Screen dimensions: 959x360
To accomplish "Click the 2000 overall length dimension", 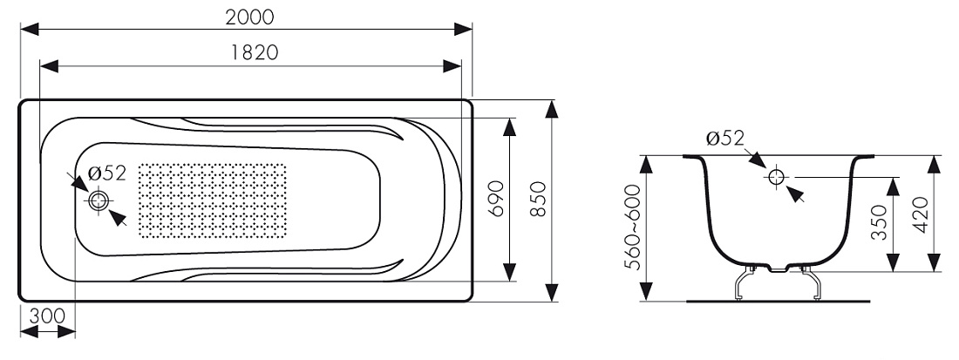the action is pyautogui.click(x=249, y=17).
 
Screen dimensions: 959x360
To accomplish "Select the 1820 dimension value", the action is pyautogui.click(x=255, y=53).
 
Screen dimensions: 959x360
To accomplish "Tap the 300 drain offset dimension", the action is pyautogui.click(x=47, y=316).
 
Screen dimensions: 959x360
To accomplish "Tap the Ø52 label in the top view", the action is pyautogui.click(x=107, y=173).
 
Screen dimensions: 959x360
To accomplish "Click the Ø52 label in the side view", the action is pyautogui.click(x=724, y=138).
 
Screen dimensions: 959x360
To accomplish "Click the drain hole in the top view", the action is pyautogui.click(x=98, y=200).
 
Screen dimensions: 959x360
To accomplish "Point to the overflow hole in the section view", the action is pyautogui.click(x=776, y=177).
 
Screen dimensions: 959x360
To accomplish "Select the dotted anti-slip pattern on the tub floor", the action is pyautogui.click(x=212, y=200).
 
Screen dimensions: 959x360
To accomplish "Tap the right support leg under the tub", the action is pyautogui.click(x=810, y=283).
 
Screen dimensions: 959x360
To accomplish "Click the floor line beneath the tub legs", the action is pyautogui.click(x=778, y=302).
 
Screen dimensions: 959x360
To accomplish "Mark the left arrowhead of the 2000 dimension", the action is pyautogui.click(x=30, y=29).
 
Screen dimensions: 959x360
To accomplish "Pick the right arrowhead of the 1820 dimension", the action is pyautogui.click(x=452, y=66).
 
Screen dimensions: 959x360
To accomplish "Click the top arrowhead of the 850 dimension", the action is pyautogui.click(x=552, y=109).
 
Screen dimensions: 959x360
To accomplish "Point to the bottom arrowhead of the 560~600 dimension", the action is pyautogui.click(x=647, y=292).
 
